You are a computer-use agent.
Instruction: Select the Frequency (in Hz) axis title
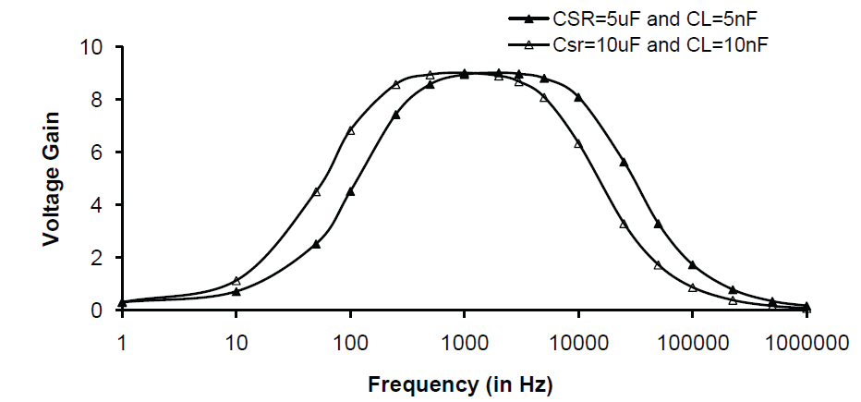(x=464, y=383)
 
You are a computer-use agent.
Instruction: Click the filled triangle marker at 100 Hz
(x=350, y=191)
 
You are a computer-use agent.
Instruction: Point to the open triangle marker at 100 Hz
(x=350, y=130)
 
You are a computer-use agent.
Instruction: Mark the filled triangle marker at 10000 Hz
(x=578, y=97)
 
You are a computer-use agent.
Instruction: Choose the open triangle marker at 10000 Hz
(x=578, y=143)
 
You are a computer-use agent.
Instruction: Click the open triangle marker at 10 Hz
(x=236, y=280)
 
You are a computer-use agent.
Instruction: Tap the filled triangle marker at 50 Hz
(x=316, y=244)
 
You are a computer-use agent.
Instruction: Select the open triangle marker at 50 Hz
(x=316, y=191)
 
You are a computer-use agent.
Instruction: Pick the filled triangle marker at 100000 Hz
(x=692, y=265)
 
